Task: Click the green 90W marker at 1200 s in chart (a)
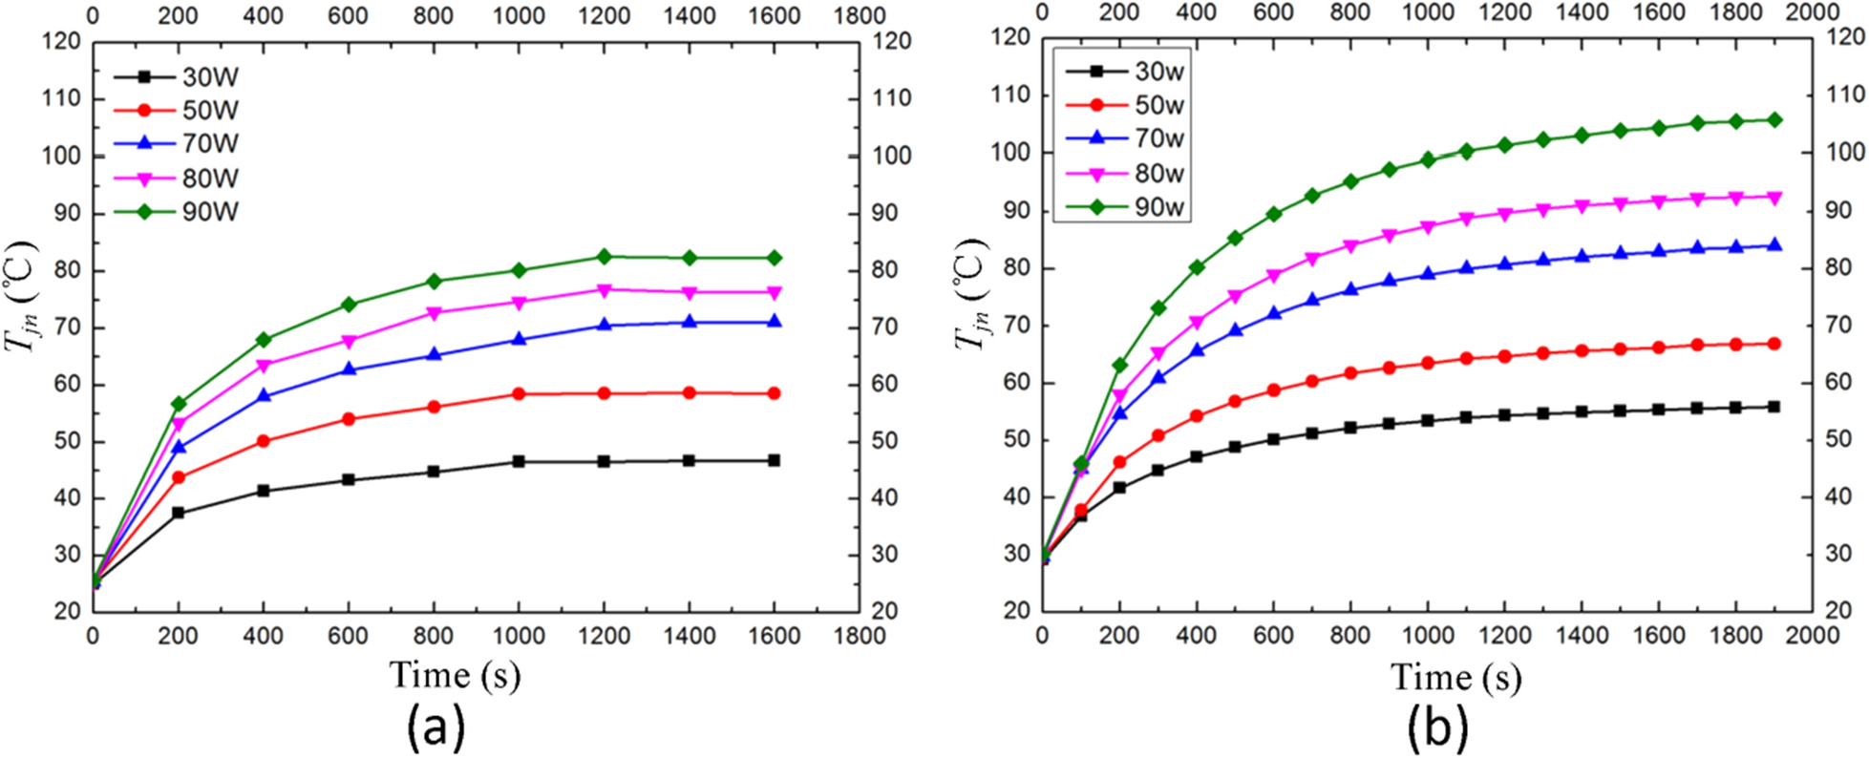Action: coord(604,257)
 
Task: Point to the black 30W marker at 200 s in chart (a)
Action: coord(178,513)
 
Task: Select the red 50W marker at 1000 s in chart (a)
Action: coord(519,393)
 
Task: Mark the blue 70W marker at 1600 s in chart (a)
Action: coord(774,322)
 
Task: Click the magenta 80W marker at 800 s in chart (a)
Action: coord(434,313)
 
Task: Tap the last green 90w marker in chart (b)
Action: coord(1774,120)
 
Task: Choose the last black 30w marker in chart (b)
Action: coord(1774,407)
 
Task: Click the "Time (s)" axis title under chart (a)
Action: coord(455,676)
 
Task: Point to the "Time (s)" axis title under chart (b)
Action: coord(1455,678)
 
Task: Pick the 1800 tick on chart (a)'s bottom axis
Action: coord(859,636)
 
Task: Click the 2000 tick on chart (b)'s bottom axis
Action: coord(1812,636)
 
